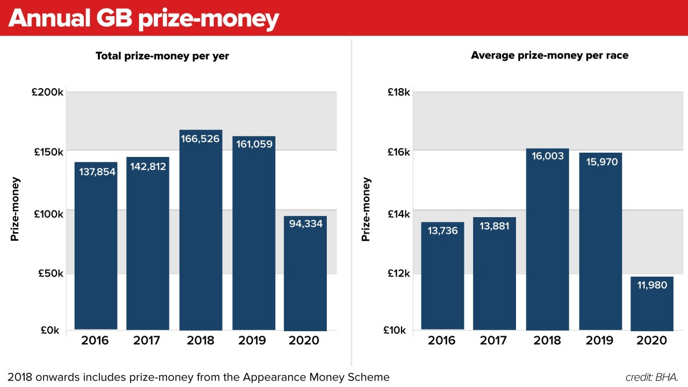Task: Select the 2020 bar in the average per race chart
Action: (651, 306)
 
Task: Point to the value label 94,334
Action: (305, 224)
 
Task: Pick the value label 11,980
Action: (651, 285)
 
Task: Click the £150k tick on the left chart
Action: (48, 152)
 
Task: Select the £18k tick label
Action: (399, 92)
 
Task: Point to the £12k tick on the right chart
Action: (399, 274)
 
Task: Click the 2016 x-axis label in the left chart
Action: (95, 341)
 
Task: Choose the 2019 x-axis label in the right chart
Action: (599, 341)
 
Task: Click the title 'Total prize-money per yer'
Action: (162, 56)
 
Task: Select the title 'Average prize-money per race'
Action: (549, 55)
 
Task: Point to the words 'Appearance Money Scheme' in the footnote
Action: (316, 377)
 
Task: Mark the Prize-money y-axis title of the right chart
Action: (366, 209)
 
